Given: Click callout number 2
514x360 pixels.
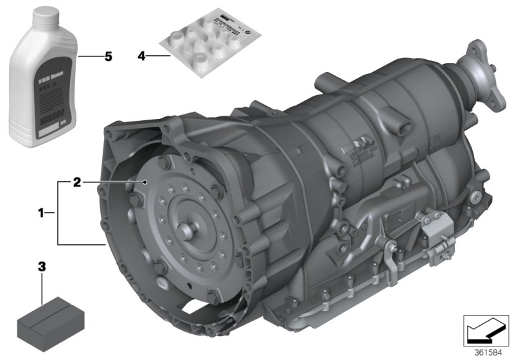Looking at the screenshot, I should pos(76,183).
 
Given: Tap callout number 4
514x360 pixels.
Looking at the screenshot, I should pos(141,57).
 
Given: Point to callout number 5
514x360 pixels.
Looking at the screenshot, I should pos(108,57).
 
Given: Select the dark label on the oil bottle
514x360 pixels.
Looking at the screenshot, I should pos(51,90).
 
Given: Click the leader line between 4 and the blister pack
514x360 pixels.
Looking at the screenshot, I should pos(159,57).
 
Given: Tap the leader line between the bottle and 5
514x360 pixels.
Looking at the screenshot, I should pos(90,57).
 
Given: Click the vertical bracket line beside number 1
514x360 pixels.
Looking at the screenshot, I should pos(58,213).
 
